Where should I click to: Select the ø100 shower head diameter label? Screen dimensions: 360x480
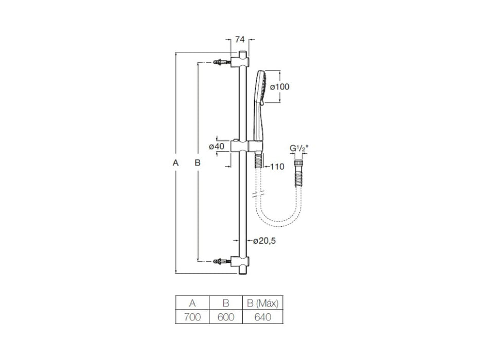coord(280,87)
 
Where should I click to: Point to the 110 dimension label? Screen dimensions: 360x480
coord(278,166)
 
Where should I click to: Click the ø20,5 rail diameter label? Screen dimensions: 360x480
coord(265,241)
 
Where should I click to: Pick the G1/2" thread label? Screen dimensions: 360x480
coord(298,149)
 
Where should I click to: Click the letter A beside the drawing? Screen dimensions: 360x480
coord(176,163)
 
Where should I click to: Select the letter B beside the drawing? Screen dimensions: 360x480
coord(197,163)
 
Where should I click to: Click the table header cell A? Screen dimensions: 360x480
coord(192,303)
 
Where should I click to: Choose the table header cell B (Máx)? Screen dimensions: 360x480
coord(262,303)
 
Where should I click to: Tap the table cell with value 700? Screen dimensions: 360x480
coord(192,317)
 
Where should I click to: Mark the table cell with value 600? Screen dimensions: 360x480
coord(225,317)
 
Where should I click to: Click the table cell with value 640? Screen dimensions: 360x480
coord(262,317)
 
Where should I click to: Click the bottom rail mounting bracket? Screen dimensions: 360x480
coord(240,262)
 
